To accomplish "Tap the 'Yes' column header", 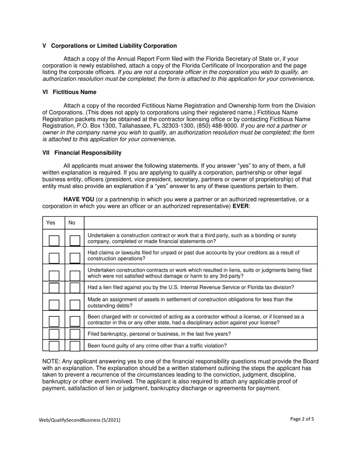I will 50,223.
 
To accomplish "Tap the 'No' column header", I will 72,223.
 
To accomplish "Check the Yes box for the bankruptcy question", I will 54,334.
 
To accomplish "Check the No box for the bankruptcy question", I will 75,334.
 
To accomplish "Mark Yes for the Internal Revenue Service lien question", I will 54,288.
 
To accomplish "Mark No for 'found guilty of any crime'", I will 75,346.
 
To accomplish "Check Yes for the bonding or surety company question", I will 54,240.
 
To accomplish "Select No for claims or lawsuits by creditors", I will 75,258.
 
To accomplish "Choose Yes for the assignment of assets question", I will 54,305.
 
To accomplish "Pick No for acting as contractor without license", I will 75,321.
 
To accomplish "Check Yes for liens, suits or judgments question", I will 54,275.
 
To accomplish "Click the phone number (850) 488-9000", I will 218,126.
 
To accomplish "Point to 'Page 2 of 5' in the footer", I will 302,419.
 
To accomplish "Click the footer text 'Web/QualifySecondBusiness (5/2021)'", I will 80,420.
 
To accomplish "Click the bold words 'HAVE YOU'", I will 79,200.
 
